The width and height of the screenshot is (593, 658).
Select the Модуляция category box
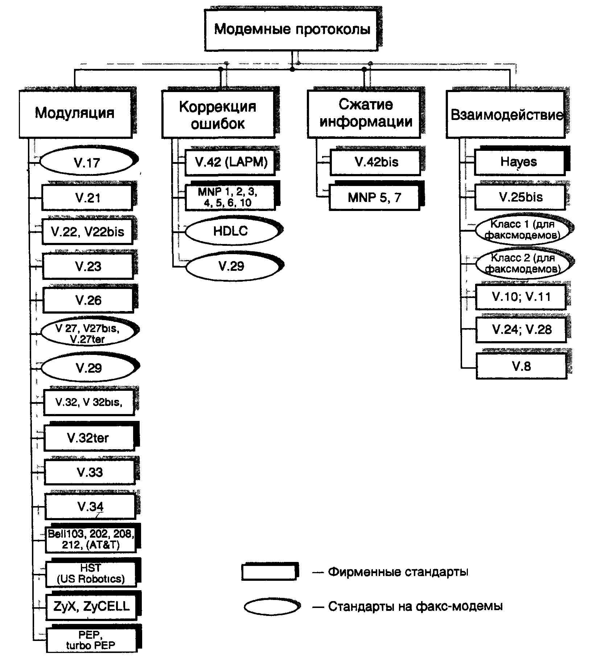(x=75, y=114)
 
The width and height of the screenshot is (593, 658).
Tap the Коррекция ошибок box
(x=218, y=115)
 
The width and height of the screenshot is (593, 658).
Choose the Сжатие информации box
(x=364, y=114)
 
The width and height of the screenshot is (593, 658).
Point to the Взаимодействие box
(x=506, y=115)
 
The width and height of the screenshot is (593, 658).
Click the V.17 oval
(x=87, y=162)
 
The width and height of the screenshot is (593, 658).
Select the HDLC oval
(x=231, y=231)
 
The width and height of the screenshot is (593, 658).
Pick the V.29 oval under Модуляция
(x=89, y=368)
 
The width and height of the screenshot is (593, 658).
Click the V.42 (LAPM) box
(x=231, y=162)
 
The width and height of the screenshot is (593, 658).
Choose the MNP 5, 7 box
(x=374, y=198)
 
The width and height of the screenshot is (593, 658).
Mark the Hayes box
(x=519, y=162)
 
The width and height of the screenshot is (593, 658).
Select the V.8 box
(x=521, y=366)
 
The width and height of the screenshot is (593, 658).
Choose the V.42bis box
(x=376, y=162)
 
